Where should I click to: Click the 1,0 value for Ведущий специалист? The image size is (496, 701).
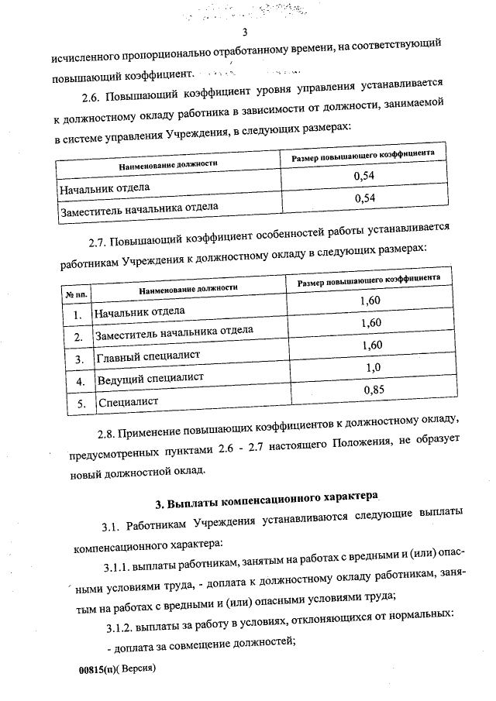coord(372,368)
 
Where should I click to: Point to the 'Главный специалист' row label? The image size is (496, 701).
coord(147,356)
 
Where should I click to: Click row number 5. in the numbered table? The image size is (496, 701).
coord(77,404)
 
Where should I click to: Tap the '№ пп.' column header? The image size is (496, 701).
coord(76,294)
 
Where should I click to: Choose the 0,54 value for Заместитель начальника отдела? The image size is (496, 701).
coord(364,198)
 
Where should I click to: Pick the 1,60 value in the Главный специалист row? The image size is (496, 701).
coord(371,345)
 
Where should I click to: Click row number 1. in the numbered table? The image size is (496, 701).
coord(77,315)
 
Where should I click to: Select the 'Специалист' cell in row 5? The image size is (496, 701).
coord(127,402)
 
